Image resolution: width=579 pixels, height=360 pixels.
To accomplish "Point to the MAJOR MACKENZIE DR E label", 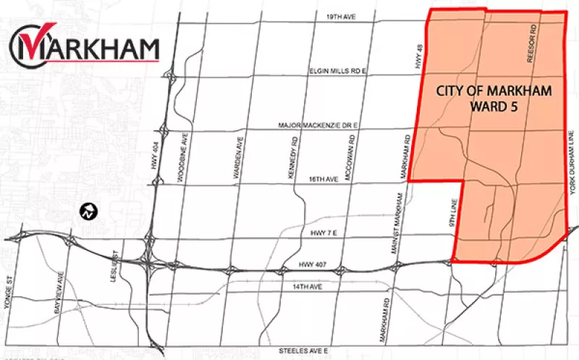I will tap(318, 125).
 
